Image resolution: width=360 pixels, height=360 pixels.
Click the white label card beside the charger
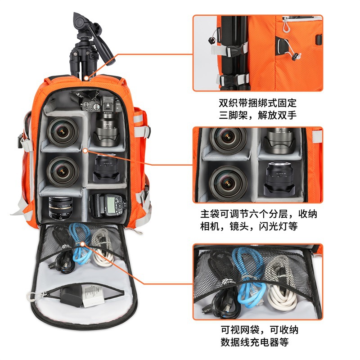coord(92,297)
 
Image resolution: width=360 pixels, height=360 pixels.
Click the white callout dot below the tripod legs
coord(86,78)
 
